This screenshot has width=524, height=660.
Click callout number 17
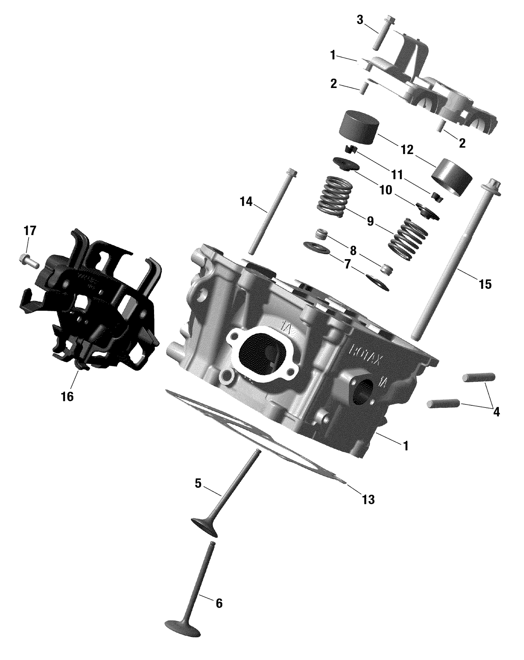(x=30, y=231)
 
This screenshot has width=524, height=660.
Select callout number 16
(x=67, y=396)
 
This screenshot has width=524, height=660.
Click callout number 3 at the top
(x=360, y=20)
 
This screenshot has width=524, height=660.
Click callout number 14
(x=246, y=201)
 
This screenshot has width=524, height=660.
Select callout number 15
(x=485, y=284)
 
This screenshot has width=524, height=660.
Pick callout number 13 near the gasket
(x=368, y=499)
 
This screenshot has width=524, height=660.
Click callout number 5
(x=198, y=484)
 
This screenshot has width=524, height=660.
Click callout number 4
(x=496, y=412)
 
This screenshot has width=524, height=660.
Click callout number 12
(x=407, y=150)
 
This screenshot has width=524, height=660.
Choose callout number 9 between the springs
(x=370, y=221)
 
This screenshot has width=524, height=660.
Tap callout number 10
(x=386, y=190)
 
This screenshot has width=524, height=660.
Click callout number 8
(x=353, y=250)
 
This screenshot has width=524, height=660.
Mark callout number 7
(x=347, y=264)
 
